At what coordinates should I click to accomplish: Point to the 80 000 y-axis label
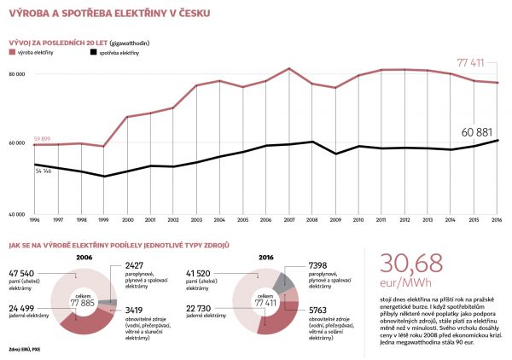tap(17, 74)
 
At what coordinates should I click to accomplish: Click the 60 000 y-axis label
tap(17, 143)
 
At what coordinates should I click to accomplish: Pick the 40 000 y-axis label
tap(17, 212)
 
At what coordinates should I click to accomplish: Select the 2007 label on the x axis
tap(289, 219)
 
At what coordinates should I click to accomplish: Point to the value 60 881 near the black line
tap(479, 132)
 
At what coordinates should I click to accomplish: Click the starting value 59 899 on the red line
tap(47, 137)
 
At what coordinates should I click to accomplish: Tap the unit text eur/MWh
tap(400, 282)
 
